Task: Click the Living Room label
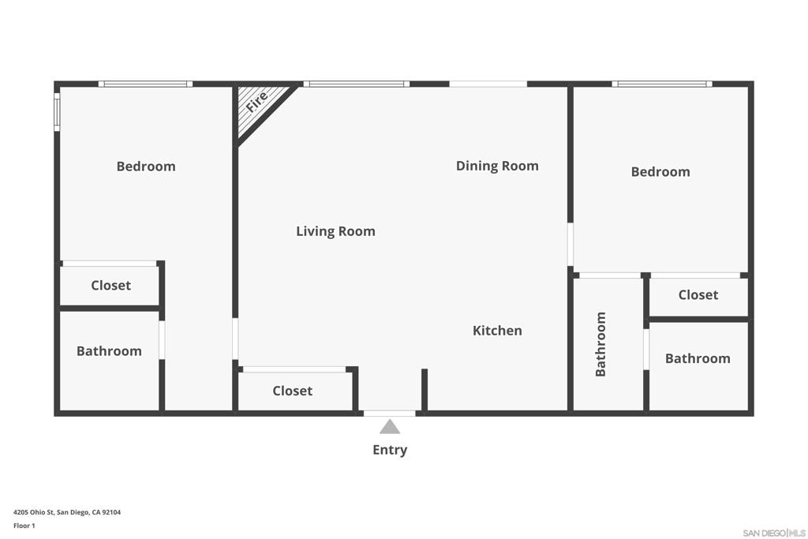click(335, 231)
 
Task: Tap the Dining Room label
click(497, 166)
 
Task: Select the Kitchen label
click(497, 331)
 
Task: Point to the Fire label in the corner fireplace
click(256, 102)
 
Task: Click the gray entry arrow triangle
click(390, 427)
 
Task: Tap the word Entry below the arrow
click(390, 450)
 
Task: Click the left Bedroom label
click(146, 167)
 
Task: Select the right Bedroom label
click(660, 171)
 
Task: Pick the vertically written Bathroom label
click(600, 344)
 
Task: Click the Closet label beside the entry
click(292, 391)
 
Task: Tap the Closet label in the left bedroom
click(110, 286)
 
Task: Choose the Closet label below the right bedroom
click(698, 294)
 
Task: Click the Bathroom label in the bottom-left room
click(109, 351)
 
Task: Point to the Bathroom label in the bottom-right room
click(698, 358)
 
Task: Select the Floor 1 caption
click(24, 526)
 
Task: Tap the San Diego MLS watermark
click(774, 533)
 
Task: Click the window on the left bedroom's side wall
click(57, 112)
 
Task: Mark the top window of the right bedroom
click(662, 84)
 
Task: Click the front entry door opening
click(390, 414)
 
